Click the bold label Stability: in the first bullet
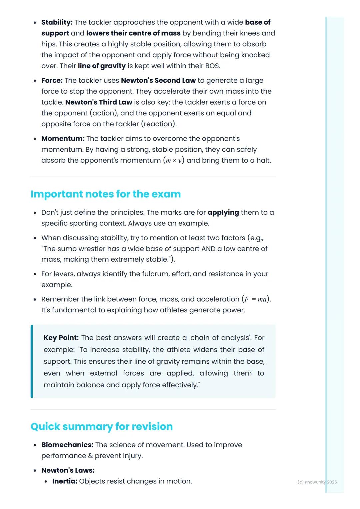[57, 22]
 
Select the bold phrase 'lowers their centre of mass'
[133, 33]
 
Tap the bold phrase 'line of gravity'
[102, 66]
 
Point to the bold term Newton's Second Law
[158, 81]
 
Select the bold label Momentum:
[63, 139]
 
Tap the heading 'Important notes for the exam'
[105, 194]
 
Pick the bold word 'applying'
[223, 213]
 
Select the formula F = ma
[256, 299]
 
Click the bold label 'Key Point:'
[61, 338]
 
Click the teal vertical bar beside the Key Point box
[32, 361]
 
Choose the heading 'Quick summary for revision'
[101, 426]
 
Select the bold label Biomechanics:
[67, 445]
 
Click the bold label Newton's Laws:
[68, 470]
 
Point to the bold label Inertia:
[65, 481]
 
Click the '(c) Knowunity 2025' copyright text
[317, 482]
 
